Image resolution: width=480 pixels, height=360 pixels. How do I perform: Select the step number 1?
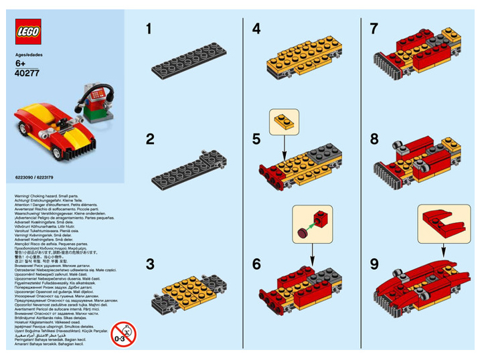point(149,29)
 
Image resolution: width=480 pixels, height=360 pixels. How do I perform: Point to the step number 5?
point(256,140)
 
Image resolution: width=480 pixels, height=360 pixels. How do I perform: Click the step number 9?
point(375,264)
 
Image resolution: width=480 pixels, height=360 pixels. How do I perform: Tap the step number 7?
point(375,29)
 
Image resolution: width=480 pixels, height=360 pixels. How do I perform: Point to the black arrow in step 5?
point(283,148)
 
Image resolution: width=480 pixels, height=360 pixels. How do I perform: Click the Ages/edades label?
point(29,58)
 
